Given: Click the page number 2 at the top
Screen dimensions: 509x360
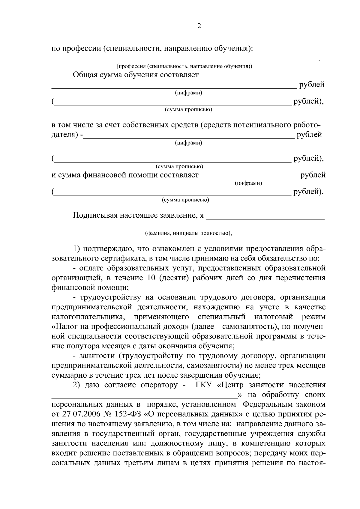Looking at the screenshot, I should click(199, 26).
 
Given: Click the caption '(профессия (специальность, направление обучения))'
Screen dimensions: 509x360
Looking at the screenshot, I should click(184, 66).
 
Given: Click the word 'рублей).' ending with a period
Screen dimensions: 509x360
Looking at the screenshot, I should click(309, 192).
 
